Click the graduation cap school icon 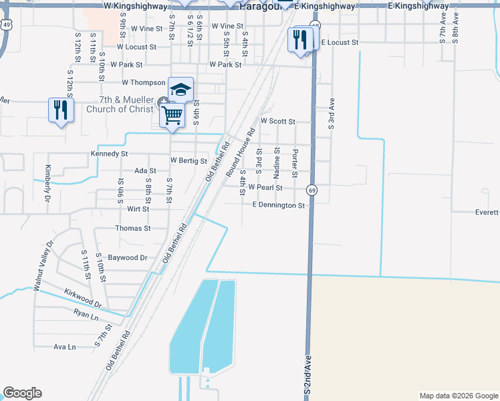coord(180,90)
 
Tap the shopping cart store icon coord(172,116)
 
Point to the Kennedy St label coord(109,154)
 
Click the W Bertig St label coord(189,161)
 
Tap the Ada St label coord(145,171)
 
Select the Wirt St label coord(138,209)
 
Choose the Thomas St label coord(132,228)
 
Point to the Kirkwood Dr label coord(83,299)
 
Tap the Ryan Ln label coord(86,313)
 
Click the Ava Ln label coord(65,347)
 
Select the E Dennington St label coord(278,206)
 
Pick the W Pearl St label coord(265,188)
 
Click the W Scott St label coord(277,122)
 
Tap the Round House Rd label coord(241,152)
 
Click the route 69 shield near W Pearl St coord(312,190)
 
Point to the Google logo coord(23,393)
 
